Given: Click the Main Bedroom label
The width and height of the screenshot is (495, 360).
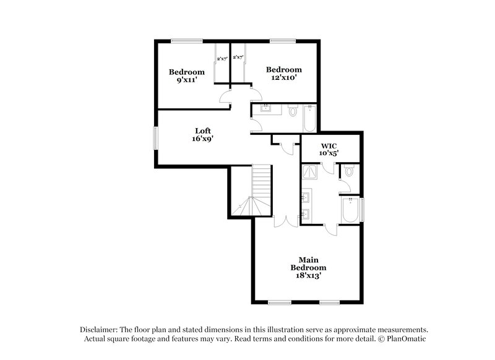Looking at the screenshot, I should point(309,267).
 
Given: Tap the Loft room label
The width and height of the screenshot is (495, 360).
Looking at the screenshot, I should point(203,135).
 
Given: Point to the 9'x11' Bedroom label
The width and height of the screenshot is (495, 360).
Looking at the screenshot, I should point(186,76).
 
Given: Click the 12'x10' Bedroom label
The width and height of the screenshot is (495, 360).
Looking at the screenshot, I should point(283,74).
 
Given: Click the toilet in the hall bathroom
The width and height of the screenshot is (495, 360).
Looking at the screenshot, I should point(293,113).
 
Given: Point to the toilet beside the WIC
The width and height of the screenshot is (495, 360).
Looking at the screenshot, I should point(349,171).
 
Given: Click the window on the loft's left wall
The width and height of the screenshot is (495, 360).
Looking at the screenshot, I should point(155,137).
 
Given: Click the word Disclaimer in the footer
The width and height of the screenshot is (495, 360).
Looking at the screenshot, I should point(102,330).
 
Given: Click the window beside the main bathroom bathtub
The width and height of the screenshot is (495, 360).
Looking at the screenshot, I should point(363,208).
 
